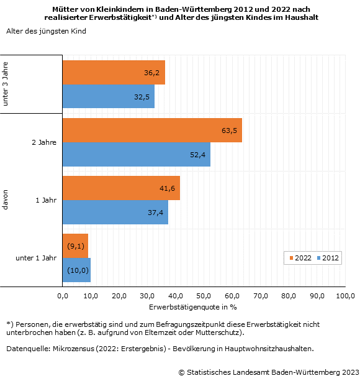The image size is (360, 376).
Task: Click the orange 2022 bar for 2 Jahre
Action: [152, 131]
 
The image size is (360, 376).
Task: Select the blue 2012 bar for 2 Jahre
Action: [137, 154]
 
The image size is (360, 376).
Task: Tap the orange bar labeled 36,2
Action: [114, 73]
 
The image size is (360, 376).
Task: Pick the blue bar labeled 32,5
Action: [109, 96]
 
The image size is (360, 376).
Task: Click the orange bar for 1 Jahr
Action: [121, 188]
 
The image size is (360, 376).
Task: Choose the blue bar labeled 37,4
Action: [115, 212]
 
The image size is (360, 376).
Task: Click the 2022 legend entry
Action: [300, 258]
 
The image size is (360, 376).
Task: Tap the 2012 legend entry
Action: [328, 258]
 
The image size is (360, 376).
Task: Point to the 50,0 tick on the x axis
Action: [204, 296]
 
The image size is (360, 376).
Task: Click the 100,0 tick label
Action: [345, 296]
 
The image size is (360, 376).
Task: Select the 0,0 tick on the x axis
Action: [63, 296]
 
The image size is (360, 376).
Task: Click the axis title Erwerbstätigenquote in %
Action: [193, 307]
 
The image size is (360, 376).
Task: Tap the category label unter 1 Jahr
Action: [36, 258]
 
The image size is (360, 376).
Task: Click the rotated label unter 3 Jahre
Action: [5, 84]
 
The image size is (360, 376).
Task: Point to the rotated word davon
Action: [5, 199]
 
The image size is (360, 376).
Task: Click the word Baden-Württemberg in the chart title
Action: [194, 9]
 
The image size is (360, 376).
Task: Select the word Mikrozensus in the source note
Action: [73, 349]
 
